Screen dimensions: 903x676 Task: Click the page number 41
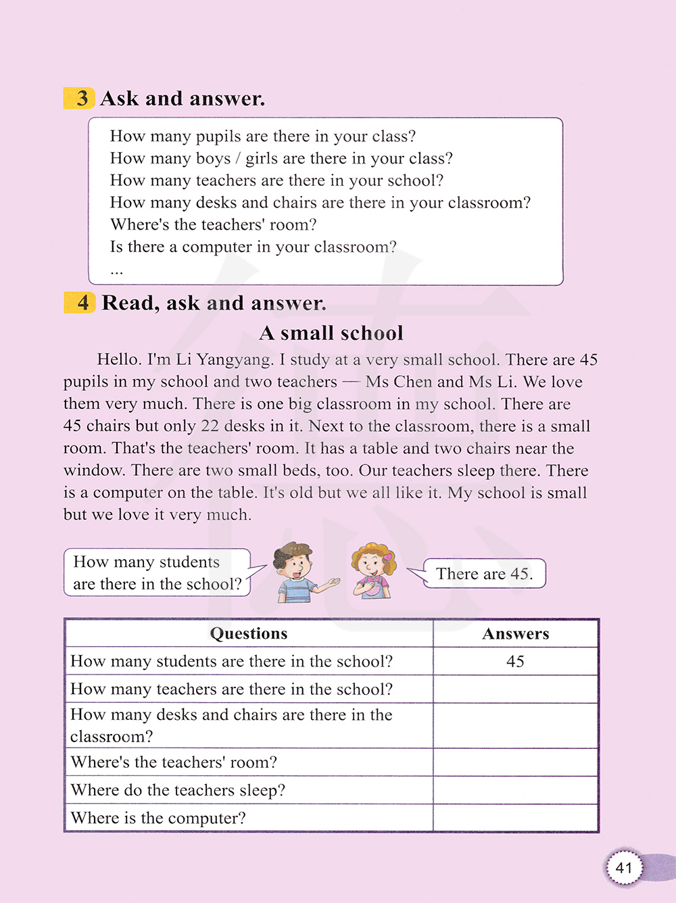(623, 867)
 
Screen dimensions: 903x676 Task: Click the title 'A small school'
(331, 333)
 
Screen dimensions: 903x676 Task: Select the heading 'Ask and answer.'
(183, 99)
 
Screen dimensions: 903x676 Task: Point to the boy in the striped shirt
(297, 572)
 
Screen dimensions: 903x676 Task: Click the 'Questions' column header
(249, 633)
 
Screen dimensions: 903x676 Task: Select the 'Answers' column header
(515, 633)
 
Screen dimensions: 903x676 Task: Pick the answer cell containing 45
(515, 661)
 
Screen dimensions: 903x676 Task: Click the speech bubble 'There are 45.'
(484, 574)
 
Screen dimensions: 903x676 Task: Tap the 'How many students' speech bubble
(157, 572)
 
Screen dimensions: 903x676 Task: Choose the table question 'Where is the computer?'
(158, 818)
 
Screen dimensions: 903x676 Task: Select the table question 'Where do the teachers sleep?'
(178, 790)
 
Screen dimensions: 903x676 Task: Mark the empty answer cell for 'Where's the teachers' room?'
(515, 762)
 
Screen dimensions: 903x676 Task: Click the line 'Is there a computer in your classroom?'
(253, 247)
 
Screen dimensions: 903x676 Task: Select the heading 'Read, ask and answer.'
(214, 303)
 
